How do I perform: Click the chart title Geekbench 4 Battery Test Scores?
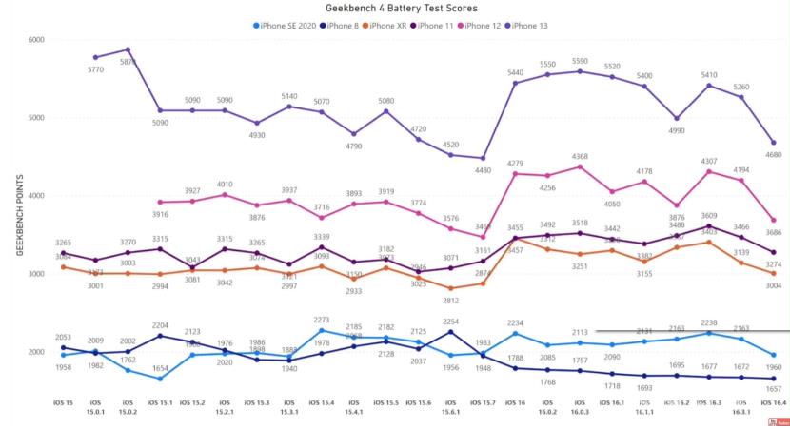point(396,8)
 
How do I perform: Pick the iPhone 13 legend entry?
point(533,25)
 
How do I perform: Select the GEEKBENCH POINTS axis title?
point(19,215)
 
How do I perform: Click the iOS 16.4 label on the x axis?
point(773,407)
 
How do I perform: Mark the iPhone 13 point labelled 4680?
point(773,143)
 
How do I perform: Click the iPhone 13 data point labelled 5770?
point(95,57)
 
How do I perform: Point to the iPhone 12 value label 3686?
point(773,233)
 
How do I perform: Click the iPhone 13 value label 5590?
point(580,62)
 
